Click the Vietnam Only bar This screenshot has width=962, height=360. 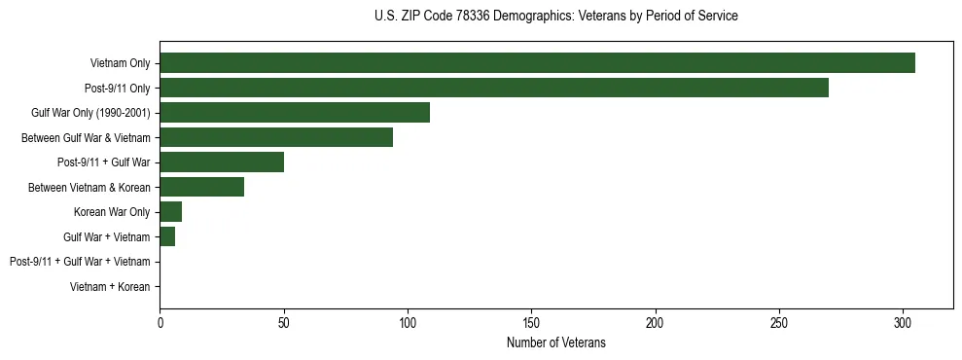click(537, 63)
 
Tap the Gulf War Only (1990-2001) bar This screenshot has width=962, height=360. click(295, 113)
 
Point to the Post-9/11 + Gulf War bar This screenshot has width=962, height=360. click(222, 162)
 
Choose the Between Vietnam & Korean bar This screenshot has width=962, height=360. click(201, 187)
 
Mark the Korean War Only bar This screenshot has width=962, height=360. click(170, 212)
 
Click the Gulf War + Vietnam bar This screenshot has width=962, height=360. click(167, 236)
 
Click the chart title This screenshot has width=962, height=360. click(555, 16)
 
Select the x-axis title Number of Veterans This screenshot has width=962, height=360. click(555, 342)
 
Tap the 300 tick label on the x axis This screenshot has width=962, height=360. click(903, 322)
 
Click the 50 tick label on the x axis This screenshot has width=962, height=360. click(283, 322)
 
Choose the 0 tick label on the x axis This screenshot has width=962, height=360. click(160, 322)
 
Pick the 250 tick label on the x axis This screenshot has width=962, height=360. click(779, 322)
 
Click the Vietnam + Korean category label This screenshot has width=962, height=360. click(110, 287)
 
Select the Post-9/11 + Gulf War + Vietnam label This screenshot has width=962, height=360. click(80, 262)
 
